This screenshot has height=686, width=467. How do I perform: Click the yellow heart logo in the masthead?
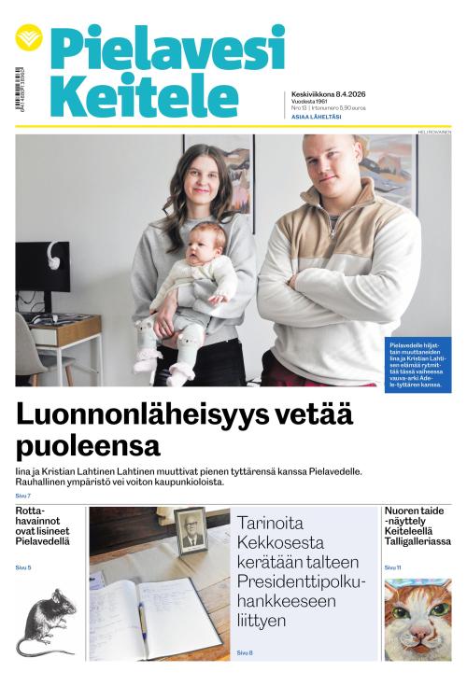coord(29,38)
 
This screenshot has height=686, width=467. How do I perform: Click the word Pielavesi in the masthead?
coord(166,47)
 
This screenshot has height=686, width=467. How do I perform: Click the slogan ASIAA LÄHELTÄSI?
coord(317,117)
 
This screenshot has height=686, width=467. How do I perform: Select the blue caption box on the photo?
coord(417,365)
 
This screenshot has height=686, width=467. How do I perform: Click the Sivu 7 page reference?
coord(23,496)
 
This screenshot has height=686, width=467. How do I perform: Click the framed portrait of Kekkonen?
coord(191,531)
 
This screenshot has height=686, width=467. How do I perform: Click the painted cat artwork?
coord(417,619)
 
